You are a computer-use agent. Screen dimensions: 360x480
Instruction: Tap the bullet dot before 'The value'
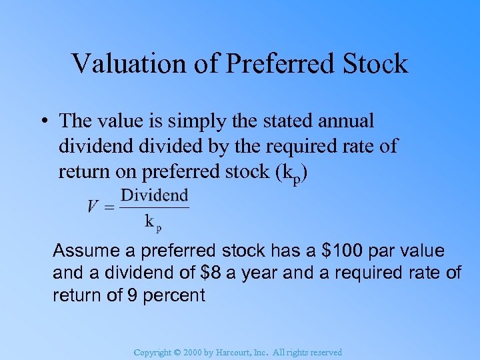click(43, 121)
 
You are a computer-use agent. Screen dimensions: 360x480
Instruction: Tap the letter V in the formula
click(93, 206)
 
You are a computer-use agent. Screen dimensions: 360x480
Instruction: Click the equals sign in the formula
click(109, 207)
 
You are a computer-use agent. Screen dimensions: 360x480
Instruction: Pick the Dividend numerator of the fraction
click(154, 196)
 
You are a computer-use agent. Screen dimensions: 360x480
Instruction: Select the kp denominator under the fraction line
click(153, 222)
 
